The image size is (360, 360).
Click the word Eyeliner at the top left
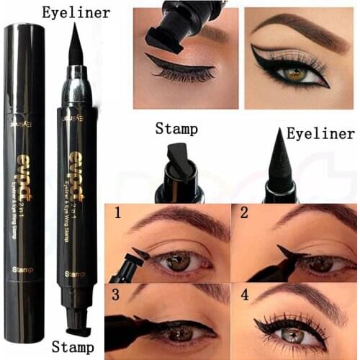(x=76, y=12)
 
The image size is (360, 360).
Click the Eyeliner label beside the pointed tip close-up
(x=320, y=134)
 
